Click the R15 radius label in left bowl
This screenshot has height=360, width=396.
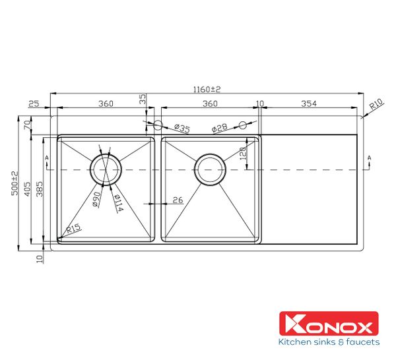[73, 230]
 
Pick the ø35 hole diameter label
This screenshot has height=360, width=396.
[181, 129]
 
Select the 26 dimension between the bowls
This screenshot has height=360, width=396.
[178, 199]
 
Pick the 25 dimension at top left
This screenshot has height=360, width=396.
[35, 104]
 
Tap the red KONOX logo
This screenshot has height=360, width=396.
[329, 324]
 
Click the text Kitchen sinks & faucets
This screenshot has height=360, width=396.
[329, 342]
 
